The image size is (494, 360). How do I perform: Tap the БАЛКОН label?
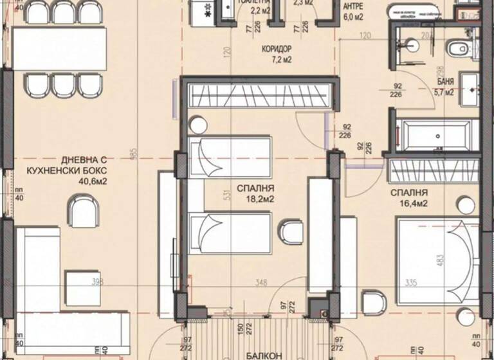264,355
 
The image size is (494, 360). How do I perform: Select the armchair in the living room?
84,210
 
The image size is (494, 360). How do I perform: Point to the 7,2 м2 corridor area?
278,60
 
